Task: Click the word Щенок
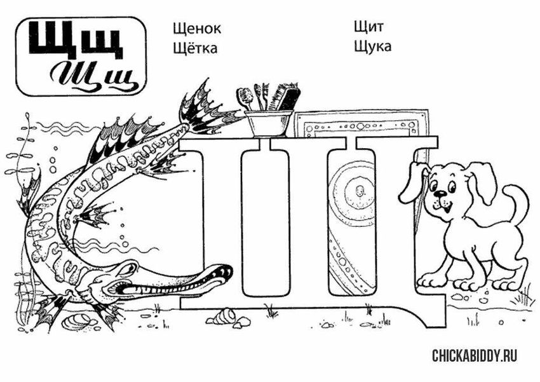pos(197,28)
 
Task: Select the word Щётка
pos(195,47)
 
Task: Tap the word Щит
pos(368,27)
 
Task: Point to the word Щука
pos(373,46)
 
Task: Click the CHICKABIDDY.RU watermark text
pos(475,355)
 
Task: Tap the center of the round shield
pos(360,190)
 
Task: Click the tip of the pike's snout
pos(232,269)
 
